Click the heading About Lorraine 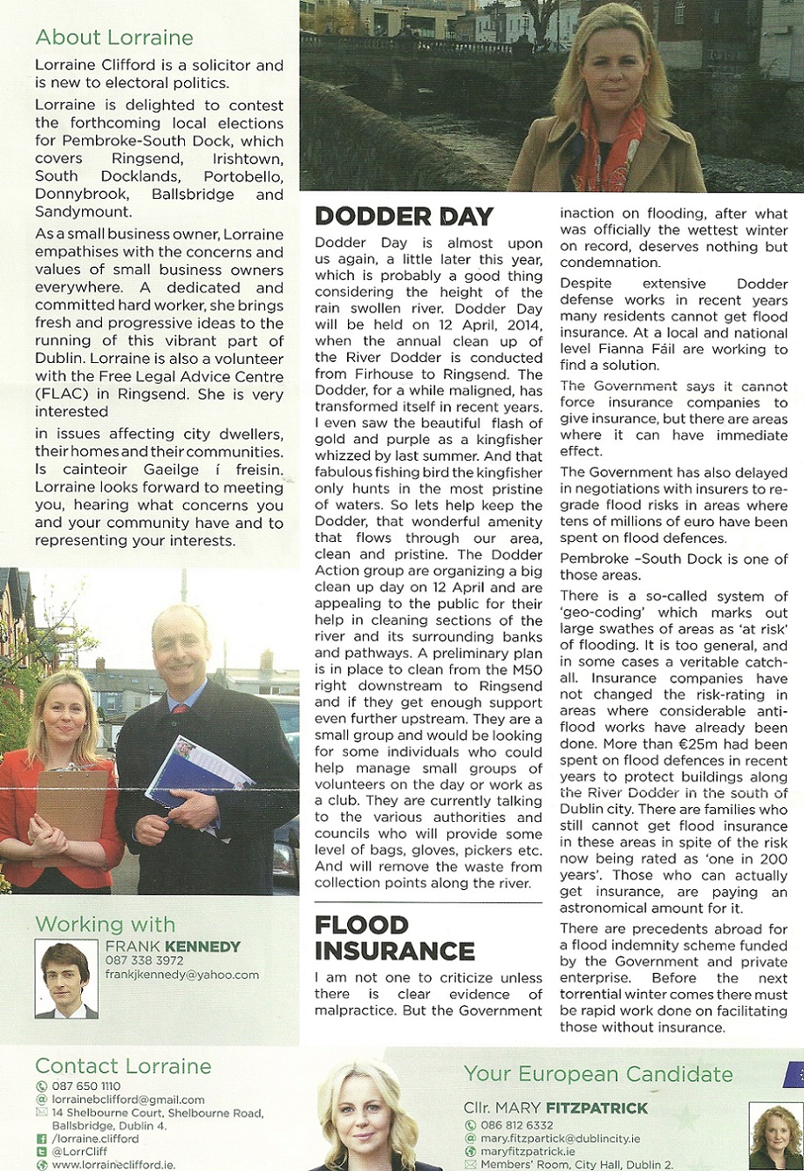tap(114, 38)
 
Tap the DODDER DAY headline tap(404, 216)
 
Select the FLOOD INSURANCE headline tap(395, 938)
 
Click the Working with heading tap(105, 925)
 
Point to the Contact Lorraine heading tap(123, 1066)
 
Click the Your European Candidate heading tap(598, 1073)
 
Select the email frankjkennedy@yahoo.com tap(181, 975)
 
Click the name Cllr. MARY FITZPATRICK tap(555, 1108)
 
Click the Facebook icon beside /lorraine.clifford tap(41, 1139)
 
